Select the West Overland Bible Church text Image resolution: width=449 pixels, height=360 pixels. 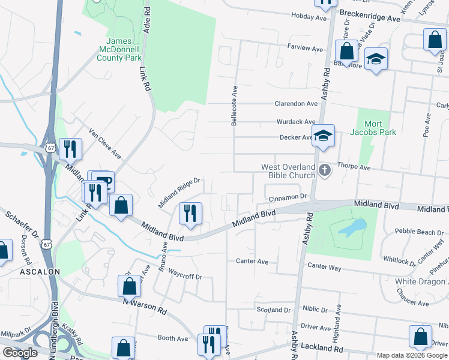[x=288, y=171]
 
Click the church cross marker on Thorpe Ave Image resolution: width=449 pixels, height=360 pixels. [x=325, y=170]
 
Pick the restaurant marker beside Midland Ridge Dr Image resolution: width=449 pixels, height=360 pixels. [x=191, y=213]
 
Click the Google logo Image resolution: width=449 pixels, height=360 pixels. [x=20, y=353]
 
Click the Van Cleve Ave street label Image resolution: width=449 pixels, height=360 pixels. [x=105, y=143]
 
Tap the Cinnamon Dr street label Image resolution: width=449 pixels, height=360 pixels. [x=288, y=197]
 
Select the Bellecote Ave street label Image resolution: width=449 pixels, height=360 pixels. [x=234, y=105]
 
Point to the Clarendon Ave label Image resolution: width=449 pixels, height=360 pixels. [x=296, y=104]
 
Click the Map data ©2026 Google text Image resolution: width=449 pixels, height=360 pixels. [x=412, y=355]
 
